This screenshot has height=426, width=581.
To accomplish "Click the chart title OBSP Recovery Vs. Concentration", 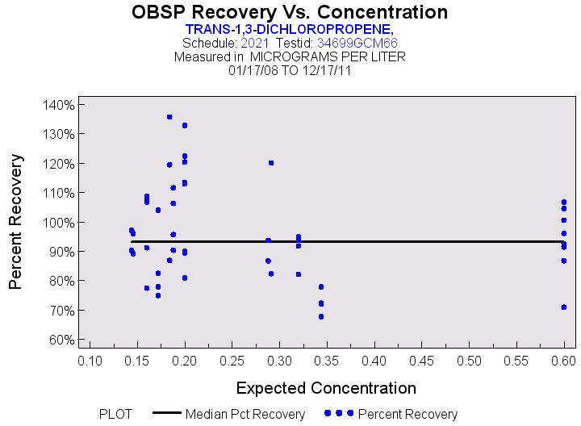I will click(x=290, y=12).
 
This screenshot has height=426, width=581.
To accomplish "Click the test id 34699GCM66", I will click(x=357, y=43).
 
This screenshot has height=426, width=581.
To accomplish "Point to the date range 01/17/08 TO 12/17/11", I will click(x=290, y=70).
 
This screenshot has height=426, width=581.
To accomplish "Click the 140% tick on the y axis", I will click(x=59, y=105).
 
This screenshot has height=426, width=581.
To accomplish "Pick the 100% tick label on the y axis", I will click(x=59, y=223).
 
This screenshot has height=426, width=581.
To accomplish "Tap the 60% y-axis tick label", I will click(x=61, y=340).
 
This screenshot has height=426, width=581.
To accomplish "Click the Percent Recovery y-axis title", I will click(x=15, y=222).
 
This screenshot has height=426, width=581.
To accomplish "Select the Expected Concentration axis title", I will click(x=326, y=387).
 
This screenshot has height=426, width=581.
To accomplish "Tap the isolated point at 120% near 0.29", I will click(x=271, y=163).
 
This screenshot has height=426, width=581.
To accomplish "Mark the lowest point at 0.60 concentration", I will click(x=564, y=307).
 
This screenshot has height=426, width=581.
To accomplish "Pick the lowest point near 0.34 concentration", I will click(x=321, y=316).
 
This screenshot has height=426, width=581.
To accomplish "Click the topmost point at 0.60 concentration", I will click(x=564, y=202).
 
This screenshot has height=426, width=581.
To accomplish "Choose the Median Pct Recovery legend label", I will click(x=245, y=414).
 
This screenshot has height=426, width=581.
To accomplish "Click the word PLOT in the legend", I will click(x=115, y=414).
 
